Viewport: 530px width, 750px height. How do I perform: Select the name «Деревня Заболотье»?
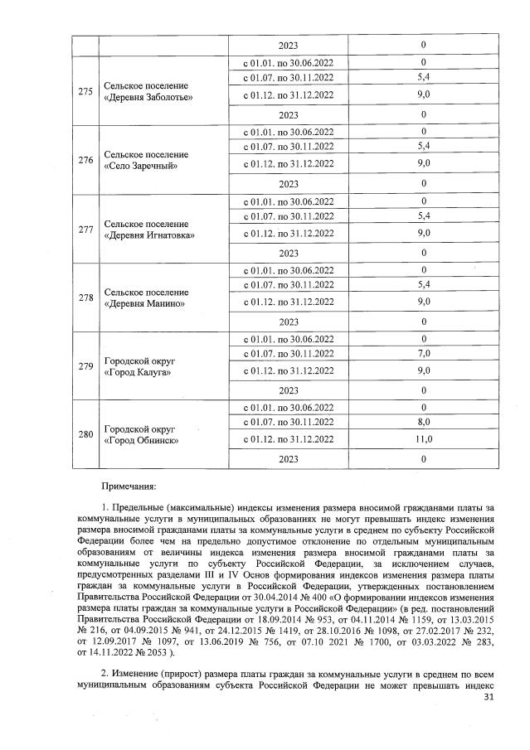148,98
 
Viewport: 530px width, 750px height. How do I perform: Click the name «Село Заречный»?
141,167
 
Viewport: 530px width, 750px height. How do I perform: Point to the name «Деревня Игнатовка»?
149,235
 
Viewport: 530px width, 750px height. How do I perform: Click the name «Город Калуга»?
138,373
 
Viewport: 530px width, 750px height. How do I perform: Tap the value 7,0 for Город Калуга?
423,353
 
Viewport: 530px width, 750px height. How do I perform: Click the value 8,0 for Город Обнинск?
423,422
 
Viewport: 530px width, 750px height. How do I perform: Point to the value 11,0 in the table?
423,439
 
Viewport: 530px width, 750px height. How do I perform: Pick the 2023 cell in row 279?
288,390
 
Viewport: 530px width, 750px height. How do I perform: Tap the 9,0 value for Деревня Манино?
423,302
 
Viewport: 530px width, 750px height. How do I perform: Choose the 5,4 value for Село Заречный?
423,147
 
